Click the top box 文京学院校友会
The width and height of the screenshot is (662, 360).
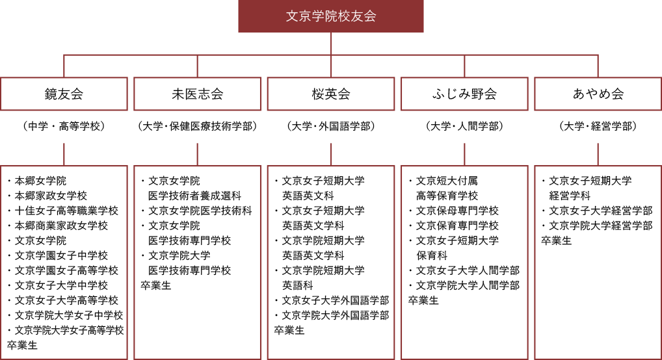coord(330,16)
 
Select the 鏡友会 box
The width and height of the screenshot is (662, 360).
coord(64,94)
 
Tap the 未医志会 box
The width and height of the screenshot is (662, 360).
coord(197,94)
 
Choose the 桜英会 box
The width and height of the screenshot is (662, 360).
coord(330,94)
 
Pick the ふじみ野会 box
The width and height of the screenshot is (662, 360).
coord(464,94)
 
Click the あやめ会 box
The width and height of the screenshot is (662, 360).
coord(598,94)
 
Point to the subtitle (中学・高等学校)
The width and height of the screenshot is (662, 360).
coord(64,126)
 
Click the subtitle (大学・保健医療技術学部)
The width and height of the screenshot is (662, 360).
coord(197,126)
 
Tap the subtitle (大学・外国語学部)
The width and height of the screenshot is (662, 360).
coord(330,126)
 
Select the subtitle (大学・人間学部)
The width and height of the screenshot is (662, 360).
coord(464,126)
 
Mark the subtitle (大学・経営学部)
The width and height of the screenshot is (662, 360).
coord(598,126)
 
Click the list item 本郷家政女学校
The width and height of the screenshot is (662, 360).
coord(51,196)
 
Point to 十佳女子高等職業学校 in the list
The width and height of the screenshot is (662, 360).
coord(66,211)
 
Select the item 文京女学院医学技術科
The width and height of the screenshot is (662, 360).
coord(200,211)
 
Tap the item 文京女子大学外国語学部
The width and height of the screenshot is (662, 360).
coord(336,300)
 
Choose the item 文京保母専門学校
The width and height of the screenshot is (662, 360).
coord(457,211)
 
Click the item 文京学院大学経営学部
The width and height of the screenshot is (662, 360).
coord(601,225)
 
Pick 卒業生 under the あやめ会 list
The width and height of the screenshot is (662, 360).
coord(557,240)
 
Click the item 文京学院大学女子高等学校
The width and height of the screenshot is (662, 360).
coord(69,331)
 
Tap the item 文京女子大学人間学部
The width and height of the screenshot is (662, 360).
coord(468,270)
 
